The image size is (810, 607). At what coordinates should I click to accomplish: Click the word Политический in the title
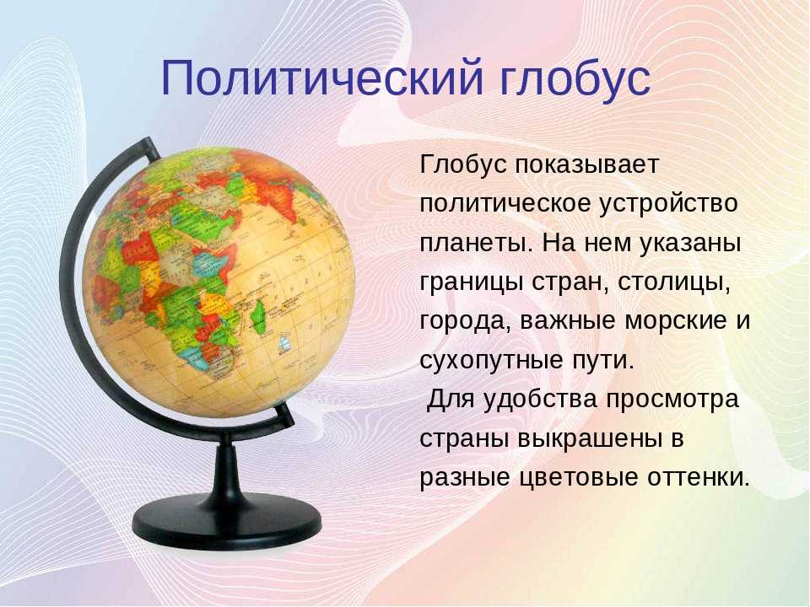[x=322, y=79]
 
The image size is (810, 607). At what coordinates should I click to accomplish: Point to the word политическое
[x=505, y=203]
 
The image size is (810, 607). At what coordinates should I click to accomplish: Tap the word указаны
[x=690, y=243]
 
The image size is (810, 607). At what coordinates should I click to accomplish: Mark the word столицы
[x=673, y=282]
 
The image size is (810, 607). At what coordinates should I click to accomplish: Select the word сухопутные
[x=491, y=360]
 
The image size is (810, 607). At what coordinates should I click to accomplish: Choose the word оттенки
[x=698, y=477]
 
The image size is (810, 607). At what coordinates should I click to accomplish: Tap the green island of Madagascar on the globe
[x=258, y=316]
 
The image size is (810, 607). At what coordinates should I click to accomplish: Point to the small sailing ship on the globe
[x=283, y=344]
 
